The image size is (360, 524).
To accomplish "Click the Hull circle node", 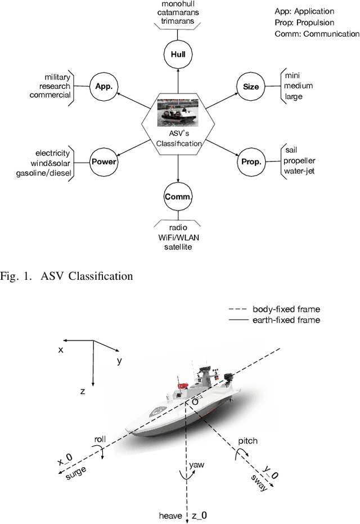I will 178,55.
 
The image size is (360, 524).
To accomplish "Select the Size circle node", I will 251,87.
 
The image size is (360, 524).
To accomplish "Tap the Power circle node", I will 104,162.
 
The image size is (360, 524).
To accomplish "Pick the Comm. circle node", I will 178,197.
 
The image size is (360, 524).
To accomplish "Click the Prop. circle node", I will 251,162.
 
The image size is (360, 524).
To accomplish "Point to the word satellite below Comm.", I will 178,246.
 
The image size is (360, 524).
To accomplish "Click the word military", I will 58,77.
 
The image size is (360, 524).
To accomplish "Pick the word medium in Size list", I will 299,86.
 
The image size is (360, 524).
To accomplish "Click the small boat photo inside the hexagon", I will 178,111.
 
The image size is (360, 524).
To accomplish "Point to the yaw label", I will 197,464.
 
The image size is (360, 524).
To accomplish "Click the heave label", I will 171,516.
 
